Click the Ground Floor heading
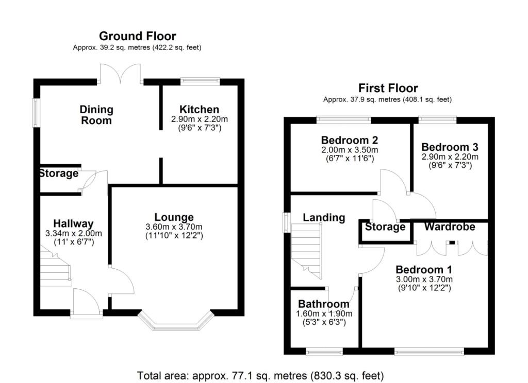(x=137, y=36)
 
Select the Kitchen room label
(x=199, y=109)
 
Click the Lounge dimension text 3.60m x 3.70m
(x=174, y=227)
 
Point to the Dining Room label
(x=96, y=115)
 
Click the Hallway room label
(x=74, y=223)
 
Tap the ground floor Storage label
(x=59, y=173)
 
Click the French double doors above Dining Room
(x=120, y=74)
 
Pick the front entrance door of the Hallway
(x=86, y=304)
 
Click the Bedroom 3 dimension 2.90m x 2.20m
(x=450, y=156)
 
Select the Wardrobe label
(x=449, y=227)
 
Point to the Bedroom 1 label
(x=420, y=270)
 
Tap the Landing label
(x=324, y=218)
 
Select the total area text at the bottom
(x=260, y=375)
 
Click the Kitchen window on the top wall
(x=200, y=80)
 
